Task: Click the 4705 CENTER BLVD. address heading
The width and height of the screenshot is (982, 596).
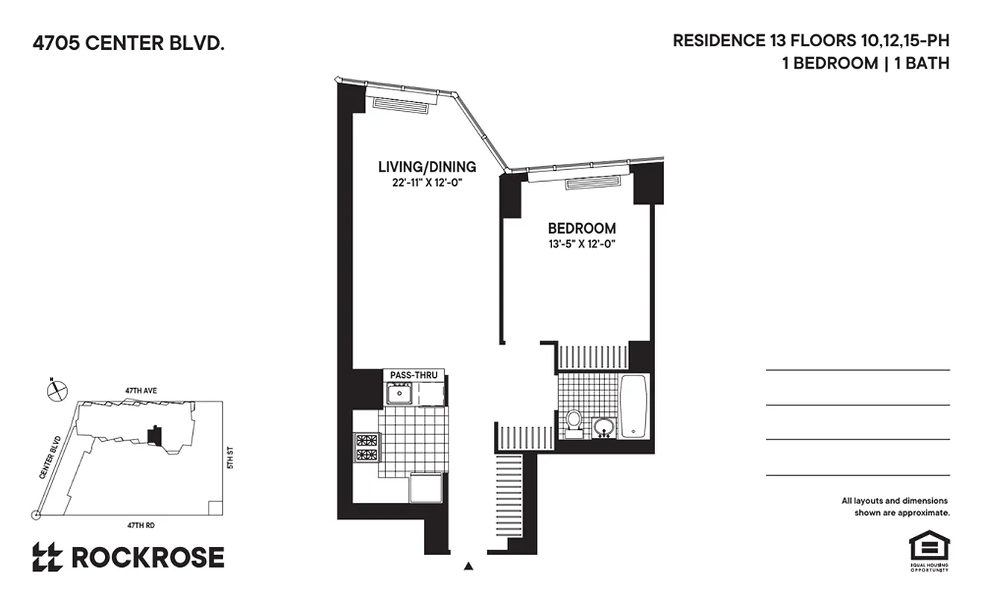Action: pos(128,44)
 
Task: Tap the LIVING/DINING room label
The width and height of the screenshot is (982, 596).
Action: pos(426,167)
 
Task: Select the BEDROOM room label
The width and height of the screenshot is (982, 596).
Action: pos(582,228)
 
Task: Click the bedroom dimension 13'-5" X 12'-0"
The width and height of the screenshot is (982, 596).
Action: pos(582,244)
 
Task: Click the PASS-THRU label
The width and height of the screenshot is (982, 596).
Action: pos(414,375)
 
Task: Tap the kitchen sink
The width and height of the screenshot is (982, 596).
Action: pos(400,393)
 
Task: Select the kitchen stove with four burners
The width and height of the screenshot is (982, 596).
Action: pos(366,448)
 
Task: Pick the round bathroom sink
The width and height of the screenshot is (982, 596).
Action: pos(604,428)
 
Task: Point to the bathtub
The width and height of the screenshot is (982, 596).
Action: pos(634,407)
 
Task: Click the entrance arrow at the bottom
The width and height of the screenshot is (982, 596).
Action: pos(469,566)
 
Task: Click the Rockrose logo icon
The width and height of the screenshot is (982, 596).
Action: pos(47,557)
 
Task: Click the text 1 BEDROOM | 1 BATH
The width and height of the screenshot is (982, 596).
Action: pos(865,63)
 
